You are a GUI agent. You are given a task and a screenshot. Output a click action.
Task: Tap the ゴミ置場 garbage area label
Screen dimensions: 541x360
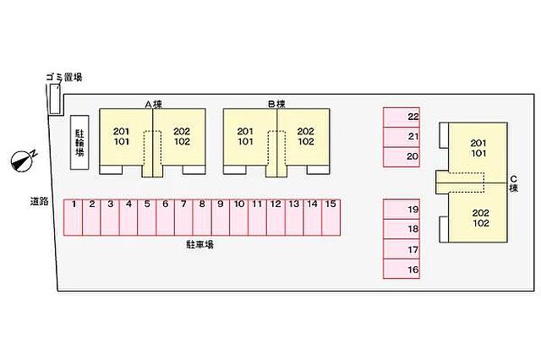coord(64,78)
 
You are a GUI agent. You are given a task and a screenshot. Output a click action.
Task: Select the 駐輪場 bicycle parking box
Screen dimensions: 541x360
coord(79,143)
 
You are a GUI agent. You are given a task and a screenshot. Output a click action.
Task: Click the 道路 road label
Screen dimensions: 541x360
coord(39,201)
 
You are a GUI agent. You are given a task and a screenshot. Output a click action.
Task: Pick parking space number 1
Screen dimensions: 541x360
coord(74,217)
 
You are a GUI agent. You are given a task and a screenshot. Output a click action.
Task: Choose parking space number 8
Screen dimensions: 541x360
coord(202,217)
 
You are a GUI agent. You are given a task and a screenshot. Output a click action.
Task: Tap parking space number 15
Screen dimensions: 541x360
coord(331,217)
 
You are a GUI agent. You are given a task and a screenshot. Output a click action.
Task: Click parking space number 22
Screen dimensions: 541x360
coord(402,117)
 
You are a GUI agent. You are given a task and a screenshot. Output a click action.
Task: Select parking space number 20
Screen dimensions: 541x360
coord(402,157)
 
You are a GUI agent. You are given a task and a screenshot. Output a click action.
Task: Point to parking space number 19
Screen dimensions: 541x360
coord(402,210)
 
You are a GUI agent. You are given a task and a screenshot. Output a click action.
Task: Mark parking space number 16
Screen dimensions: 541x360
coord(402,269)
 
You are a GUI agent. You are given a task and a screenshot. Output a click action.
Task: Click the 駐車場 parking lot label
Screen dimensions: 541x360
coord(200,245)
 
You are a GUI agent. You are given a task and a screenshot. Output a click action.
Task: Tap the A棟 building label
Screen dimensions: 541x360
coord(153,104)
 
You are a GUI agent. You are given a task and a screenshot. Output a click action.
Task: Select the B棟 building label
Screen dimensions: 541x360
coord(276,103)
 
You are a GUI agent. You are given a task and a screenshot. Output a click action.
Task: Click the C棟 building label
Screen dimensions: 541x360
coord(514,183)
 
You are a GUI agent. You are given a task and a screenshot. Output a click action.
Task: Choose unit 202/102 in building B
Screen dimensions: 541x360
coord(304,137)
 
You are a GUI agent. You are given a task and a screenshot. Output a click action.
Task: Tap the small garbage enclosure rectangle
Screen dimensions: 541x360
coord(54,99)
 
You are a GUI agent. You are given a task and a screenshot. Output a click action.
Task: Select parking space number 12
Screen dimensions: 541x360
coord(276,217)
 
